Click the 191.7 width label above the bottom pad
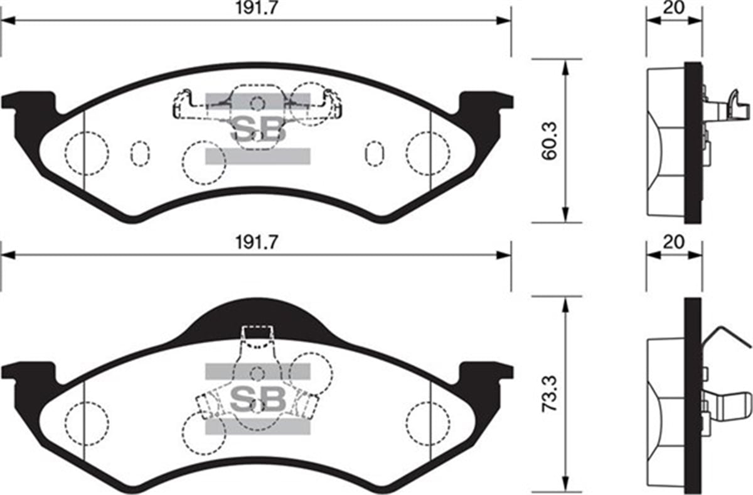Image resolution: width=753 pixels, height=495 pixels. point(255,241)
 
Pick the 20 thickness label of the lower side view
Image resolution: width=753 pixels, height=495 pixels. point(673,242)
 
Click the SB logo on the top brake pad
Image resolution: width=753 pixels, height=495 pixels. point(258,129)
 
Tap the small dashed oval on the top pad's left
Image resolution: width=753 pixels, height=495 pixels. point(140,153)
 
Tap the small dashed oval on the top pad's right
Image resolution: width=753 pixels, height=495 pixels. point(375,153)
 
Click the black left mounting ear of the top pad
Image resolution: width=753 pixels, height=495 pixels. point(28,107)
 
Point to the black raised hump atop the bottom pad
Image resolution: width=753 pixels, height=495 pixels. point(258,317)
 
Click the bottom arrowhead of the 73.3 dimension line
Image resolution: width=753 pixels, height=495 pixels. point(566,488)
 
